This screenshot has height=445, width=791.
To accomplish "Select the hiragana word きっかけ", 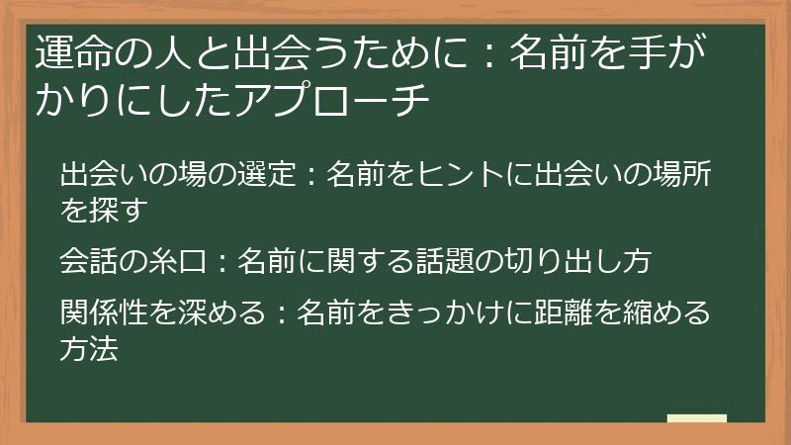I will click(x=443, y=313).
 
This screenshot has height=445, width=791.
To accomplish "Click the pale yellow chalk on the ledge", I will click(x=696, y=418).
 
